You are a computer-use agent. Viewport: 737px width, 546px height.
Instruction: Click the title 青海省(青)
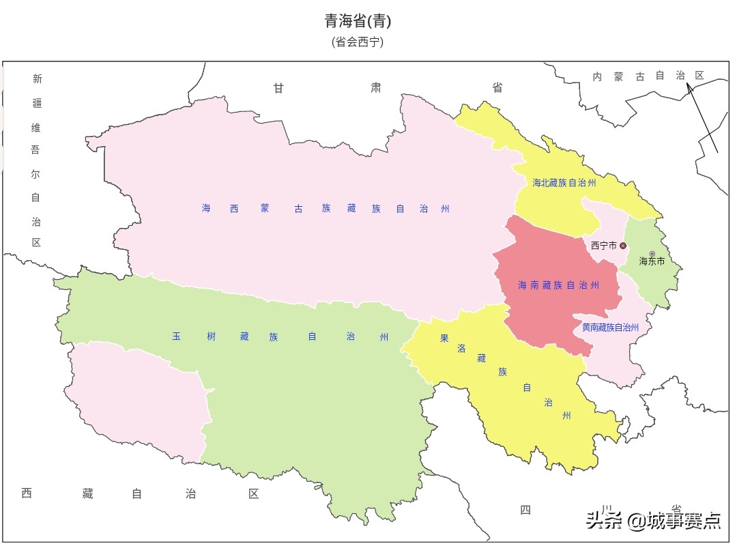tap(358, 21)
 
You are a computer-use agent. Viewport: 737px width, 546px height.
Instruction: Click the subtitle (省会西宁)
tap(358, 42)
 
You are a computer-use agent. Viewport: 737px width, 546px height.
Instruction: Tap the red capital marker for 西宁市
tap(623, 246)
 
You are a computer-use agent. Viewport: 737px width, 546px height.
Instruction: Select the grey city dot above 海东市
tap(652, 254)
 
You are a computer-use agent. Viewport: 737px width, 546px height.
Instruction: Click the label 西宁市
tap(603, 246)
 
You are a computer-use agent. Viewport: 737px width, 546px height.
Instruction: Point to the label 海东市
tap(652, 261)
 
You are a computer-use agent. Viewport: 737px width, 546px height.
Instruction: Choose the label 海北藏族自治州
tap(564, 183)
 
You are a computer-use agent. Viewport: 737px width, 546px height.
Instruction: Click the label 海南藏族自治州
tap(558, 285)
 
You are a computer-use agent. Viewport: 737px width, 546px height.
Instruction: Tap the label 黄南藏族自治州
tap(610, 328)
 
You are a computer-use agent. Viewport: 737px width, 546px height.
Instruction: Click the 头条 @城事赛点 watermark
tap(653, 521)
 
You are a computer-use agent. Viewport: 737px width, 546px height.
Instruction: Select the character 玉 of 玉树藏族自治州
tap(176, 336)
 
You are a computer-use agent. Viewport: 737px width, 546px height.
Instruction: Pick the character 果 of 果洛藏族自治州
tap(444, 338)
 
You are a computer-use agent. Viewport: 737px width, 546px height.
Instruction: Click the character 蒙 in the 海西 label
tap(264, 209)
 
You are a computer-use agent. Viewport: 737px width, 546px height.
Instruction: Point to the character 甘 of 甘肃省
tap(278, 87)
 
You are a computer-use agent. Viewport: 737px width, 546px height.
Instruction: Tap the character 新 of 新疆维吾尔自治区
tap(37, 78)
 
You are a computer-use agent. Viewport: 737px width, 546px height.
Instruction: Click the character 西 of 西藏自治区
tap(27, 493)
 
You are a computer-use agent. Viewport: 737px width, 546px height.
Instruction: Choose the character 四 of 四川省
tap(525, 510)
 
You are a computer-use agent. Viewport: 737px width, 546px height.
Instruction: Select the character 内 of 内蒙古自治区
tap(597, 76)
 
